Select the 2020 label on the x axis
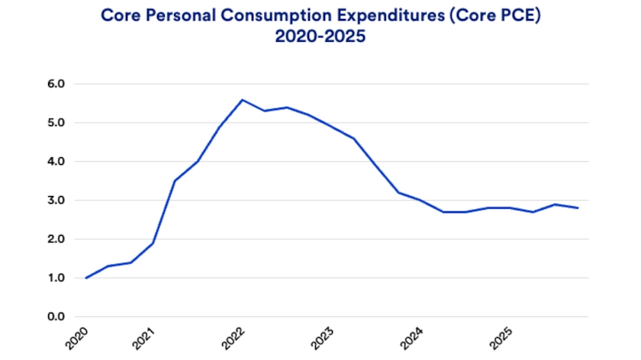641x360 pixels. (x=78, y=337)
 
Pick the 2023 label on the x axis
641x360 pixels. (x=323, y=337)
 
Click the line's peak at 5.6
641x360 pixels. (x=243, y=99)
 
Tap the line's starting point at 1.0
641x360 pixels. (x=85, y=278)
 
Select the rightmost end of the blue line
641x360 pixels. (x=577, y=207)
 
